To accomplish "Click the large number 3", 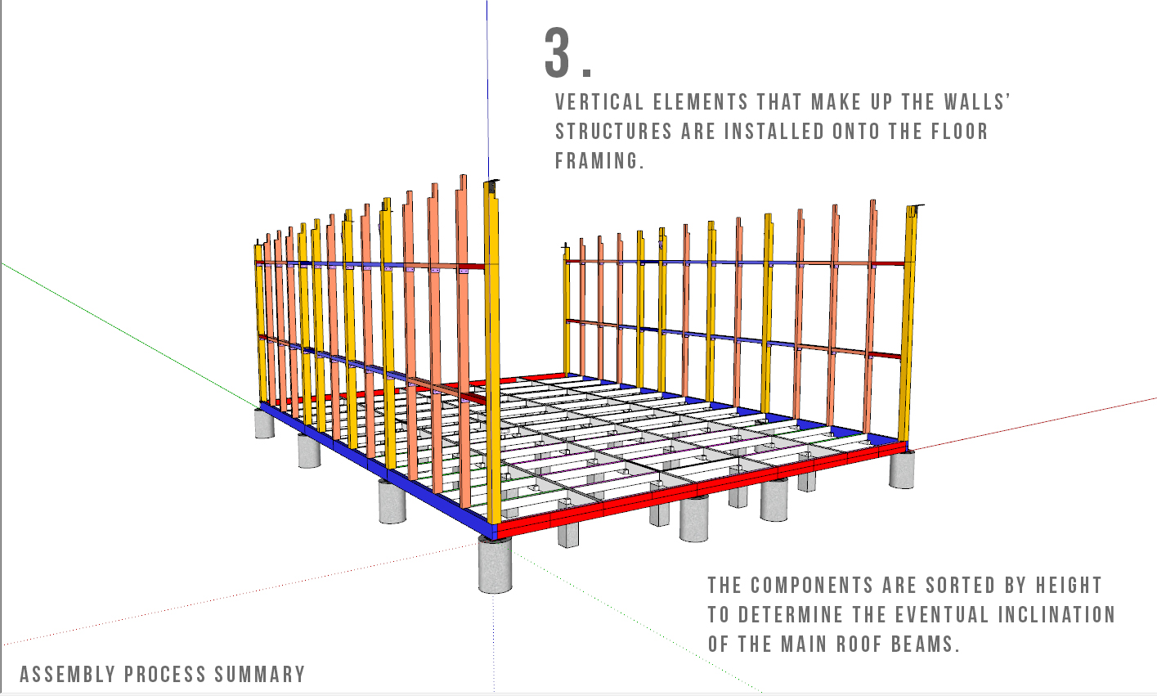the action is [x=557, y=52].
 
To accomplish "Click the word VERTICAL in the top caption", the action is [x=599, y=102].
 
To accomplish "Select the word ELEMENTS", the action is [x=701, y=102].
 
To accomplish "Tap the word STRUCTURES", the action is [x=613, y=132].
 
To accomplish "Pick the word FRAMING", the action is [x=599, y=161].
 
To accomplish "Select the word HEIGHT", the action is [x=1069, y=586].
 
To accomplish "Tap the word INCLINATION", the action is [x=1056, y=615].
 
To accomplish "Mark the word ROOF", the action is [x=859, y=644].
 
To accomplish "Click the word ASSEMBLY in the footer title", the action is [x=68, y=675].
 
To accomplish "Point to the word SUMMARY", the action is [x=260, y=675].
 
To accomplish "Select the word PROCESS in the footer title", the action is [x=165, y=675].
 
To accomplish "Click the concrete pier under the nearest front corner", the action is [x=495, y=564].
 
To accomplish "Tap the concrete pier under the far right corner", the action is [x=902, y=469].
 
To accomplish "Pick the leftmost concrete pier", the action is [x=264, y=424].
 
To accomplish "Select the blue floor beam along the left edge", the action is [x=377, y=470].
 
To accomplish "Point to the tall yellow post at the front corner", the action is [x=492, y=352].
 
